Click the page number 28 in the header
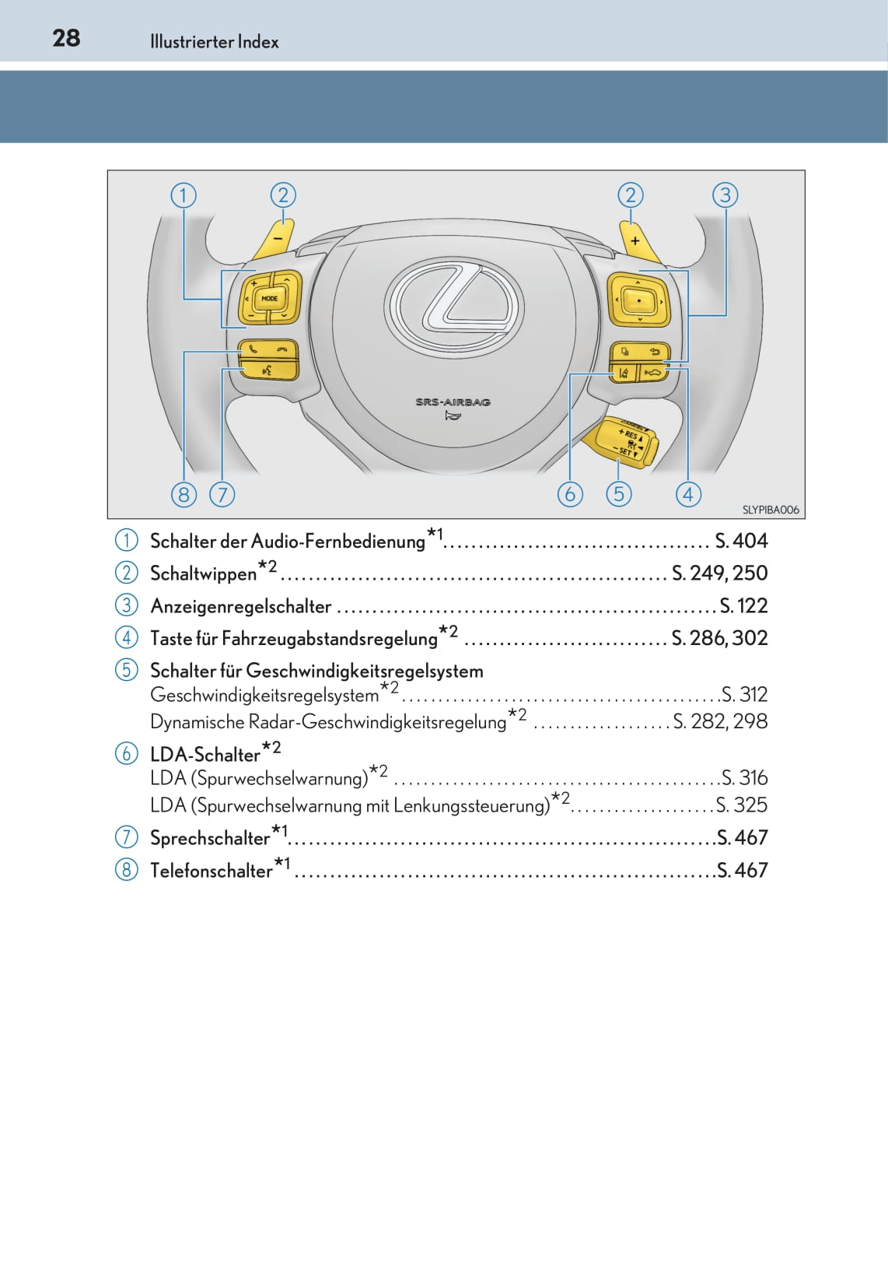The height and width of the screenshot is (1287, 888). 66,38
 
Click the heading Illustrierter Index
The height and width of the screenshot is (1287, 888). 214,42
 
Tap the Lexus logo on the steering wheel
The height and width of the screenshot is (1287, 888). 453,303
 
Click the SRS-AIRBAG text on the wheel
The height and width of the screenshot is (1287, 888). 453,402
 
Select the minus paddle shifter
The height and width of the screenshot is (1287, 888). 276,238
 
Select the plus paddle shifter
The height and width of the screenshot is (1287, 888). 637,240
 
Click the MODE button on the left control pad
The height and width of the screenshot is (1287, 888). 269,299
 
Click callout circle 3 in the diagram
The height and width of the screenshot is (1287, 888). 725,195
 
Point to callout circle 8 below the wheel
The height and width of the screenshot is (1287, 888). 184,494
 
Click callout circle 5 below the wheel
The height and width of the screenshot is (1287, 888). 618,493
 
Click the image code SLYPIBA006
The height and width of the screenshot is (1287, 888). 770,510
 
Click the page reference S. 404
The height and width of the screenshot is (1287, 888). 741,540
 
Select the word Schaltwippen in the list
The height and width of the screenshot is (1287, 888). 203,573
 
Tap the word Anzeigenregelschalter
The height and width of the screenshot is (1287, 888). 240,606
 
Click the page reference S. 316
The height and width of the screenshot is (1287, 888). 744,777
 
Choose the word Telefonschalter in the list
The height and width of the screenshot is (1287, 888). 211,871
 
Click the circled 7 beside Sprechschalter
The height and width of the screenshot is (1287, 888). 126,837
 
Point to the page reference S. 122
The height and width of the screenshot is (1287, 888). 743,605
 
